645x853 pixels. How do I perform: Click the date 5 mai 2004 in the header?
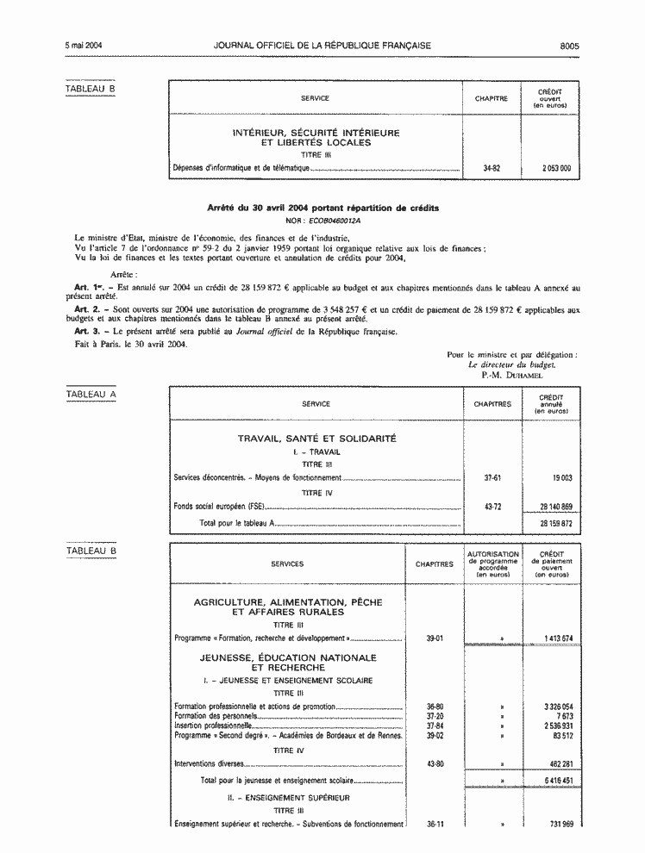(x=83, y=45)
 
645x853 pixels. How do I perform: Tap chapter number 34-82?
(x=492, y=168)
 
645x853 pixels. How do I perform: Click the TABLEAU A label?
(x=91, y=395)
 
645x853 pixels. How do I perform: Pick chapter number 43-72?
(x=492, y=507)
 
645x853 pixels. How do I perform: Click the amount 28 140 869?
(x=555, y=507)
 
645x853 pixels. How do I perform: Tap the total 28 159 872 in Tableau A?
(x=555, y=523)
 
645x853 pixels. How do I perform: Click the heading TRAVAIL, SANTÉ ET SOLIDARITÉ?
(x=316, y=439)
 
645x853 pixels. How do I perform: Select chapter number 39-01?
(x=434, y=638)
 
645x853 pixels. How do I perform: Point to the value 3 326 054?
(x=558, y=707)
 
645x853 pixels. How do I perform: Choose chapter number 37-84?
(x=434, y=725)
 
